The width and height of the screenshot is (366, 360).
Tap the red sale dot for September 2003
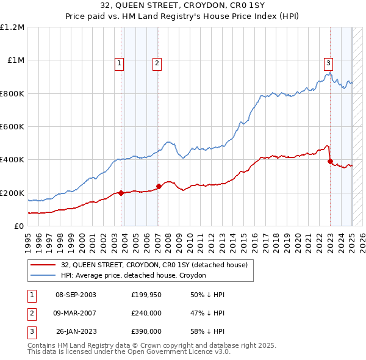(121, 193)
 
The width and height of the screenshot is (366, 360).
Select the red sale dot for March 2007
(159, 186)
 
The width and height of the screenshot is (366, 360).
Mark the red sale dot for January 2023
(330, 162)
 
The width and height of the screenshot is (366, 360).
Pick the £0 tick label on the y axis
(19, 226)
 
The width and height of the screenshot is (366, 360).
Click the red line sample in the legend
(43, 265)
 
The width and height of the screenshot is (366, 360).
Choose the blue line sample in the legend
(43, 275)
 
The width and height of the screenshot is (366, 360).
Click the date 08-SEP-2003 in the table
(76, 295)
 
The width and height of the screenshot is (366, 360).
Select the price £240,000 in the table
(146, 313)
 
